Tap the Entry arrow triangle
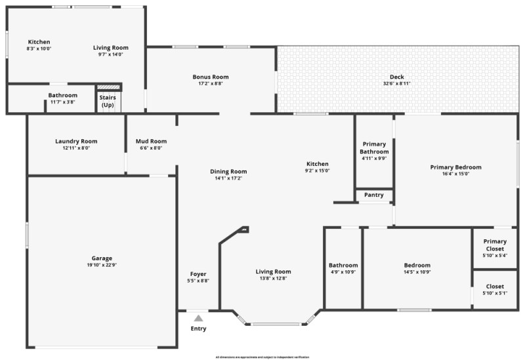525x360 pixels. (x=198, y=317)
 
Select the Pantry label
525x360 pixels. (x=374, y=195)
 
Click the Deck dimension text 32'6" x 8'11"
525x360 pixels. (x=397, y=83)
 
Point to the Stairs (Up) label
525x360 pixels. (x=108, y=102)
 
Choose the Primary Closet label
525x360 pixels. (x=495, y=245)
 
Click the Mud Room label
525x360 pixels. (x=151, y=141)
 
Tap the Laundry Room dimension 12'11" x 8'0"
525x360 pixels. (x=76, y=148)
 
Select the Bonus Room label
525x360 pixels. (x=211, y=77)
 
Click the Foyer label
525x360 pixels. (x=198, y=274)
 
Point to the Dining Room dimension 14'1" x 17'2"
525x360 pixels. (x=228, y=178)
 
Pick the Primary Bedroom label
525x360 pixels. (x=455, y=167)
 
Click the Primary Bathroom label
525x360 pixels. (x=374, y=148)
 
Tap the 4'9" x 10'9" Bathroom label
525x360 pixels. (x=343, y=266)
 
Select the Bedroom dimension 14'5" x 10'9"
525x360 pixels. (x=417, y=272)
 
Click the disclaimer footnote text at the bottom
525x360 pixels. (x=262, y=357)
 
